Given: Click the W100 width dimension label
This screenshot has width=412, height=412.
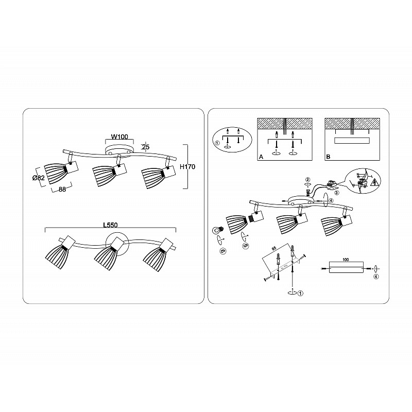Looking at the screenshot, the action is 119,136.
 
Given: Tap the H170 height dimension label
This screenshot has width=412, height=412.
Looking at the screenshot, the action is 187,166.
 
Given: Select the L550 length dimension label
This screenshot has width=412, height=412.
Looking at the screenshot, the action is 110,225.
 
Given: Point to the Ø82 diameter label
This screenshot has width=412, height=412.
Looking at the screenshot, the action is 38,178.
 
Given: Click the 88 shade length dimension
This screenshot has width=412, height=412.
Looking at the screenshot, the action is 62,189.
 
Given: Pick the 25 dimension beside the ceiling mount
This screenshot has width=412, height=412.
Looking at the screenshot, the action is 146,147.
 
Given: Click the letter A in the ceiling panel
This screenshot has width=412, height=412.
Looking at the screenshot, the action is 261,157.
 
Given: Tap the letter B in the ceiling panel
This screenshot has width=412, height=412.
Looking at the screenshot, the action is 328,157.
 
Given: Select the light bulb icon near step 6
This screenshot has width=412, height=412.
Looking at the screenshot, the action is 218,230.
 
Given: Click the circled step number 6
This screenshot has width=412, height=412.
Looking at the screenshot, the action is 222,251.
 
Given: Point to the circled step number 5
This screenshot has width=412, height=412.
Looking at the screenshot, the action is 246,246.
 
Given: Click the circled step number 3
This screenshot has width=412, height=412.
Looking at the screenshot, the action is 337,192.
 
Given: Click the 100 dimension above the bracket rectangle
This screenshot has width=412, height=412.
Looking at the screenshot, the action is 346,260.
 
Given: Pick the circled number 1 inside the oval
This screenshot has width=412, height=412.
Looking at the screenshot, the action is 217,143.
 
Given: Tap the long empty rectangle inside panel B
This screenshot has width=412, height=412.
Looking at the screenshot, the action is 352,140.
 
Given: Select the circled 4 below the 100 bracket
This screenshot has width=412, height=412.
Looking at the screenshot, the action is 376,277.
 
